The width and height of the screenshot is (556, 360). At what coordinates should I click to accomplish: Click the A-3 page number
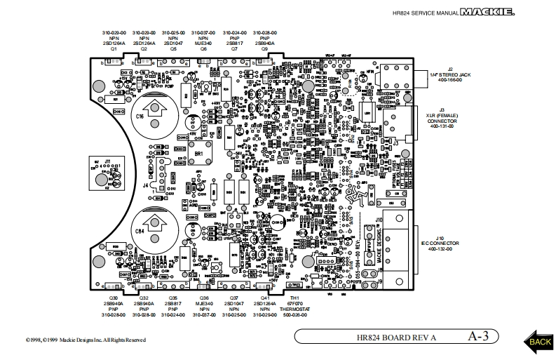point(478,336)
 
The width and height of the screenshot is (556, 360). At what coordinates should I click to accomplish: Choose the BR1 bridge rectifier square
point(198,152)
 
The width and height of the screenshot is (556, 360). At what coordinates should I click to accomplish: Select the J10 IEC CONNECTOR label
point(441,244)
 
